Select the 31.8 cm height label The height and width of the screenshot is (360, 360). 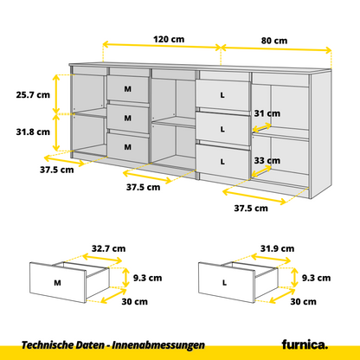point(32,132)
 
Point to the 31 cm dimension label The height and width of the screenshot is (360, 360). point(267,113)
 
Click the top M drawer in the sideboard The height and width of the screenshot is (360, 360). point(128,89)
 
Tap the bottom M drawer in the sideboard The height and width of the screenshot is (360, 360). point(128,146)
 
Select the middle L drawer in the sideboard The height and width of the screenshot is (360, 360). point(222,128)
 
